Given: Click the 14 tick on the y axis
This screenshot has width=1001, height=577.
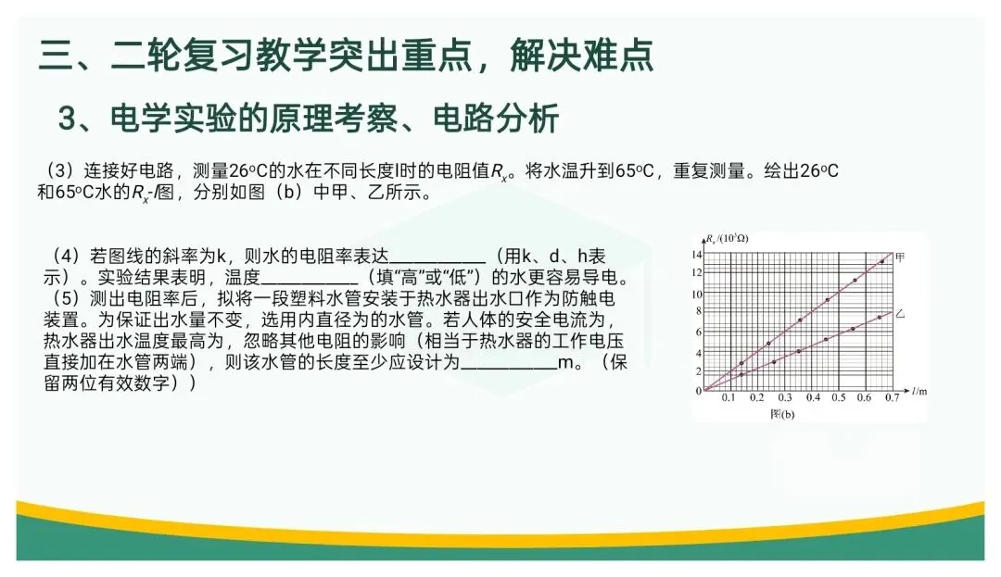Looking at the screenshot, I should [x=696, y=254].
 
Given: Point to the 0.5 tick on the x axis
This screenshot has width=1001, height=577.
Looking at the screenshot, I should [x=838, y=397].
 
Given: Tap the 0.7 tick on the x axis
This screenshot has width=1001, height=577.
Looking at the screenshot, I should [x=892, y=397].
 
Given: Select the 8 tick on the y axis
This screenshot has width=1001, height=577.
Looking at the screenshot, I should [x=698, y=313].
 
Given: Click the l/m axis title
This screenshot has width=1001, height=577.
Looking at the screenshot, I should [x=918, y=392].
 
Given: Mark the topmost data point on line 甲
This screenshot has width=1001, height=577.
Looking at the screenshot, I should [x=881, y=261].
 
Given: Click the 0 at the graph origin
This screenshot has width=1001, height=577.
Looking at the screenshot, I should [x=698, y=390].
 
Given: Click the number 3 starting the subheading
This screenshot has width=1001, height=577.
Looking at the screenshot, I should [x=66, y=119].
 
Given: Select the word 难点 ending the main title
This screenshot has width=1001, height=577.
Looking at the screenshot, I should [x=618, y=55].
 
